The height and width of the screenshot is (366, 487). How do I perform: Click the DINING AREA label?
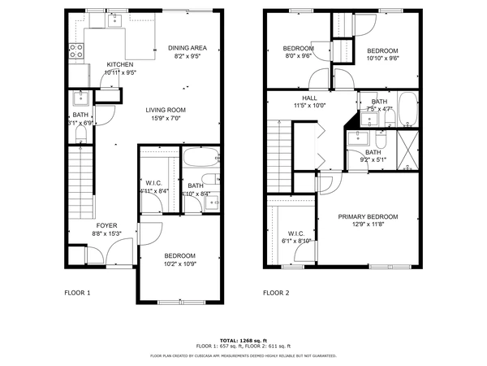tap(187, 48)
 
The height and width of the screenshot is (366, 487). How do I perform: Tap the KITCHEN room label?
tap(120, 64)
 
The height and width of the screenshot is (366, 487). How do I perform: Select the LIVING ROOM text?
tap(166, 110)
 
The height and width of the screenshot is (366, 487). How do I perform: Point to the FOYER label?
tap(108, 224)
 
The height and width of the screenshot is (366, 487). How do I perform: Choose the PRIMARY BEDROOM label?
tap(368, 216)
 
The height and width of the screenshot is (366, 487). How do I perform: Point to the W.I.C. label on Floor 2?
tap(295, 233)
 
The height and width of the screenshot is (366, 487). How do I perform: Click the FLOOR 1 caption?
tap(77, 292)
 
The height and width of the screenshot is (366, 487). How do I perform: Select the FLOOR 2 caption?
tap(275, 292)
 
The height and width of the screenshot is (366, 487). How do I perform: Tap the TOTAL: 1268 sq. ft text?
tap(243, 340)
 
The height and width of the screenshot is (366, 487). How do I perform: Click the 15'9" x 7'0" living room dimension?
tap(166, 120)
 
